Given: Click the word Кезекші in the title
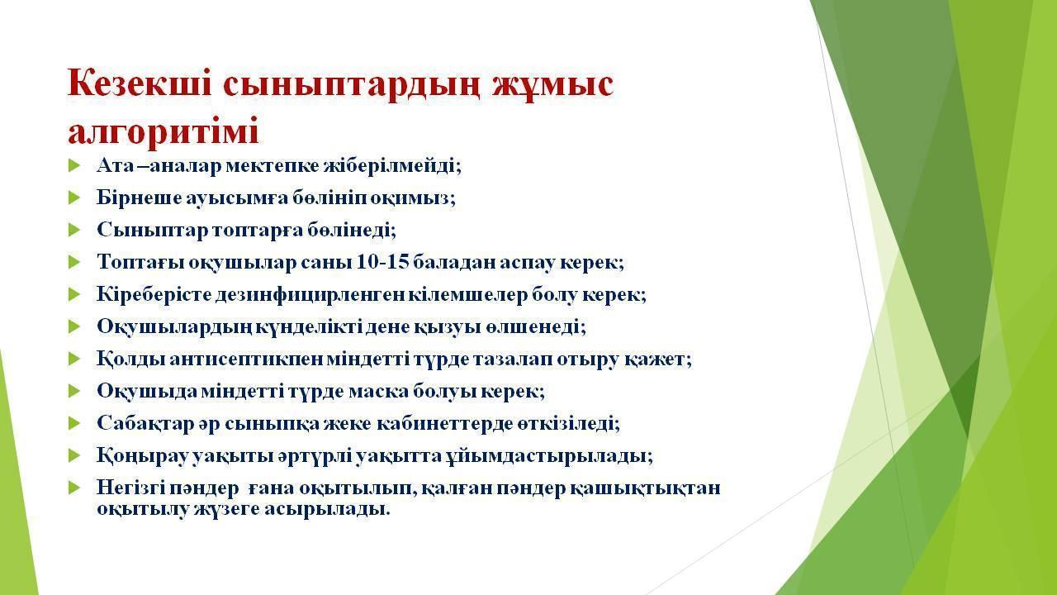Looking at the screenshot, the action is pyautogui.click(x=140, y=84).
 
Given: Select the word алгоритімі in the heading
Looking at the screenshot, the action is pyautogui.click(x=164, y=131).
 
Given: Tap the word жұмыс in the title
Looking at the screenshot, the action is pyautogui.click(x=552, y=84).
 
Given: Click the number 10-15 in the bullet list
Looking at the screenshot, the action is pyautogui.click(x=382, y=262).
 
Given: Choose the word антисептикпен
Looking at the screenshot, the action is pyautogui.click(x=247, y=359).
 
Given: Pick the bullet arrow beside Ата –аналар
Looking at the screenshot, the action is pyautogui.click(x=74, y=165).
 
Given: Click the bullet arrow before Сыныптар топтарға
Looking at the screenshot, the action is pyautogui.click(x=74, y=230).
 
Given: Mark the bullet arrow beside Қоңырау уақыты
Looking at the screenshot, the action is pyautogui.click(x=74, y=455).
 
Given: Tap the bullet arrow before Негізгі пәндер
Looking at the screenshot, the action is pyautogui.click(x=74, y=488).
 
